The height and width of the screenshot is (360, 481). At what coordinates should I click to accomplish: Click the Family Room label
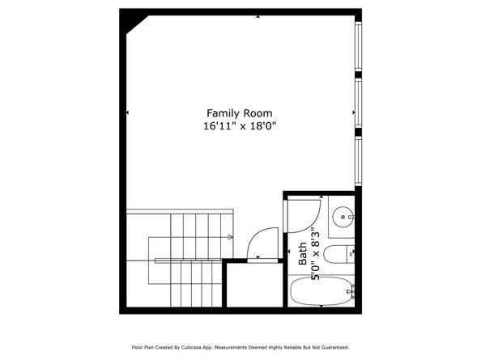239,113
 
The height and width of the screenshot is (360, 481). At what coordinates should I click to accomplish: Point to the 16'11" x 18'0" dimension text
239,126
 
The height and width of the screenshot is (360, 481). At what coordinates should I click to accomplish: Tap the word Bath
302,256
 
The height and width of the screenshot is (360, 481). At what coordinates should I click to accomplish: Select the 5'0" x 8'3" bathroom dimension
315,255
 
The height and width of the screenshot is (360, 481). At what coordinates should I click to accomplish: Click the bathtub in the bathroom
321,291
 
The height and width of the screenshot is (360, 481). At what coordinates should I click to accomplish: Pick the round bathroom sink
343,216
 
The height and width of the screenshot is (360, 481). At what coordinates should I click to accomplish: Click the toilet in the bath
343,252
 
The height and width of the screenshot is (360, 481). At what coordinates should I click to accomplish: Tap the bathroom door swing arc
305,214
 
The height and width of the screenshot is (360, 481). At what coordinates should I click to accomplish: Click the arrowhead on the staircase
231,237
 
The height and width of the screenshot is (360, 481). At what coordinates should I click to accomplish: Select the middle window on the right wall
358,104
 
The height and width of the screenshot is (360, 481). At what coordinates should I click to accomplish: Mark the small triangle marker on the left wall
127,112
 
